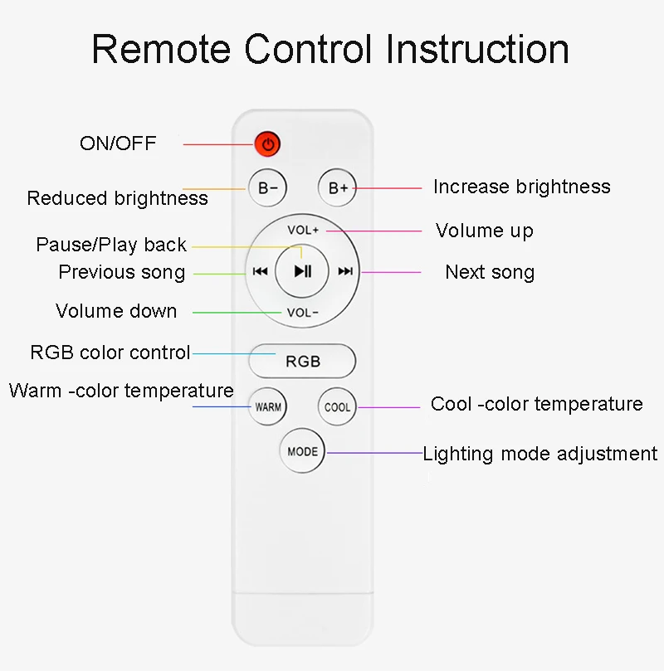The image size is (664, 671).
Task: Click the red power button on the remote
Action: (x=267, y=144)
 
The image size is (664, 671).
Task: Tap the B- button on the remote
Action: (x=267, y=187)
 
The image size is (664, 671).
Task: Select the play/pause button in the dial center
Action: (x=302, y=270)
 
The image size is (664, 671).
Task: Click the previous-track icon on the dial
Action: (x=259, y=271)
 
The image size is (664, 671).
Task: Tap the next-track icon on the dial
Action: (x=345, y=271)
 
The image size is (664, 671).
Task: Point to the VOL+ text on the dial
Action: (x=303, y=230)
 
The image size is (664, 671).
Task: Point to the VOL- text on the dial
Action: (x=303, y=313)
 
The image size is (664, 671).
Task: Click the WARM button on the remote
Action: (x=268, y=407)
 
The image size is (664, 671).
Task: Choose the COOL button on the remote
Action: (x=337, y=407)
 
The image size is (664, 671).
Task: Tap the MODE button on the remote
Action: (x=302, y=452)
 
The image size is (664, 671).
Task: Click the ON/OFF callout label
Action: (x=118, y=143)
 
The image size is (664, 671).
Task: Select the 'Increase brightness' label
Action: (x=521, y=187)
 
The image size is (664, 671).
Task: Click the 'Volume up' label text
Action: (x=485, y=231)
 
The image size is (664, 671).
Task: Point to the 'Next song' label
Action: (x=490, y=272)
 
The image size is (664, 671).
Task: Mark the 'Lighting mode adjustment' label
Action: (x=539, y=454)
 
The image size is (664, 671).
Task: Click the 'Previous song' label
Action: (x=121, y=272)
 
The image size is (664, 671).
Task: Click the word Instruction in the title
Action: (x=478, y=49)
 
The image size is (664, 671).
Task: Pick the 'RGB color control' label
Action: (x=110, y=353)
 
